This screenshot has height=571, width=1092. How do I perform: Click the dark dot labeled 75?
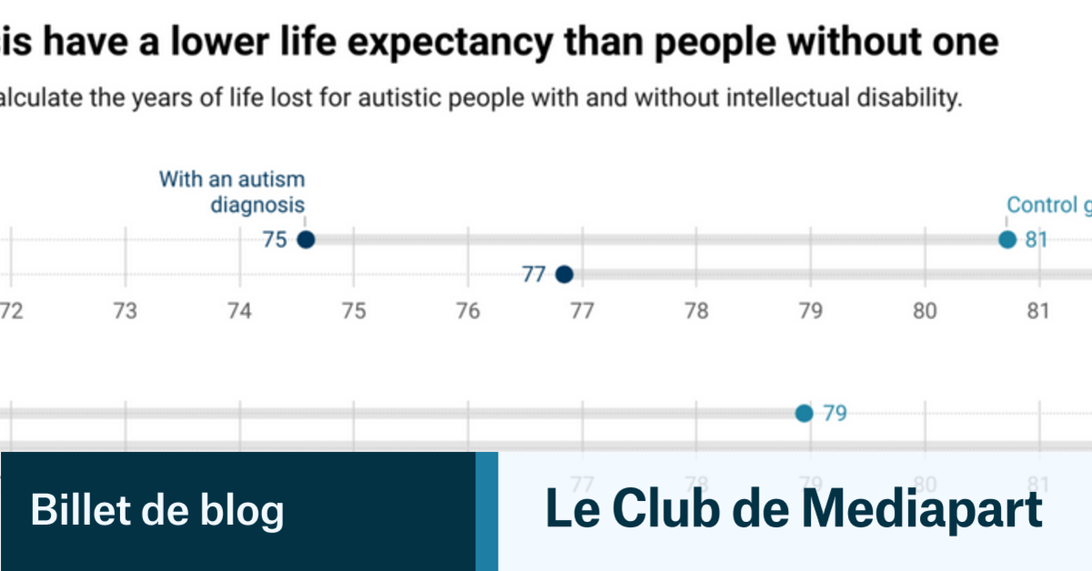point(306,240)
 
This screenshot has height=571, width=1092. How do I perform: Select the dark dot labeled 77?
point(564,274)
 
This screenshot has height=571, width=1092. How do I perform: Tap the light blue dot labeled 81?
point(1006,240)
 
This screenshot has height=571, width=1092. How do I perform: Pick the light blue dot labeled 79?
point(804,414)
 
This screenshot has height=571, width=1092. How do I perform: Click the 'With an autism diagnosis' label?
point(232,192)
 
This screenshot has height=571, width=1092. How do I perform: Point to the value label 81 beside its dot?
point(1036,240)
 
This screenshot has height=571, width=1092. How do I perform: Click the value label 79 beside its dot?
point(834,414)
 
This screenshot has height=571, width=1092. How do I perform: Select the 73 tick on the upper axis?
point(125,311)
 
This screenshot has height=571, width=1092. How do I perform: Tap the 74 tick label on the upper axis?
point(239,311)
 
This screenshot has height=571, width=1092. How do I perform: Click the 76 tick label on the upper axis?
point(468,311)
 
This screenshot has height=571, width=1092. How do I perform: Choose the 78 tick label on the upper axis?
point(696,311)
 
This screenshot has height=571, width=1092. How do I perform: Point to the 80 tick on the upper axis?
point(925,311)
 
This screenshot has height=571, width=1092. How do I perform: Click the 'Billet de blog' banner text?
point(157,510)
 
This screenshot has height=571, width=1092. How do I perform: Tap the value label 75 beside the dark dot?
point(274,240)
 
